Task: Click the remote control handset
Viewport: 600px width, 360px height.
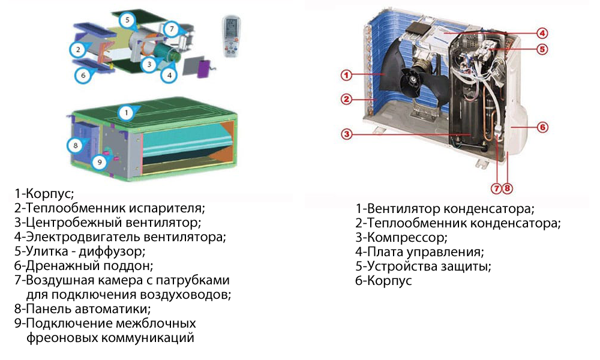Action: point(232,37)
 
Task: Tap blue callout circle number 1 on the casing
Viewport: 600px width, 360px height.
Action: point(127,112)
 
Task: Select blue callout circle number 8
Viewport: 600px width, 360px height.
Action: point(76,145)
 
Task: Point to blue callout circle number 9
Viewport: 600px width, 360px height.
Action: point(100,162)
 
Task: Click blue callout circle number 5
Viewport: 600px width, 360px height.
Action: point(127,20)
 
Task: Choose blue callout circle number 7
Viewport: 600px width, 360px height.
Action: point(172,29)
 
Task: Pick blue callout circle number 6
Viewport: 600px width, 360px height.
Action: point(83,75)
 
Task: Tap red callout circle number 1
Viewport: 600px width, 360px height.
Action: point(346,75)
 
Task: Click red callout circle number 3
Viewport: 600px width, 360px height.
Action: point(347,134)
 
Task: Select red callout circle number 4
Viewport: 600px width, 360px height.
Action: point(542,33)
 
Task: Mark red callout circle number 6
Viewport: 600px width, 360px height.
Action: point(542,127)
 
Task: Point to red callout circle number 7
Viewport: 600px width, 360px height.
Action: point(496,188)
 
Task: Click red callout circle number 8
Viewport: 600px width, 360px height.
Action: point(508,188)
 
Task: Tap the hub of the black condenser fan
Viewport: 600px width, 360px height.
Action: point(413,80)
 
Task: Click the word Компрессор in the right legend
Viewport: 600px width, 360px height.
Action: point(407,238)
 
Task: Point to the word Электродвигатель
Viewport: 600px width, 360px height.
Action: point(83,237)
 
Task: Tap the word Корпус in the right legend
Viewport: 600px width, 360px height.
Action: point(389,281)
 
